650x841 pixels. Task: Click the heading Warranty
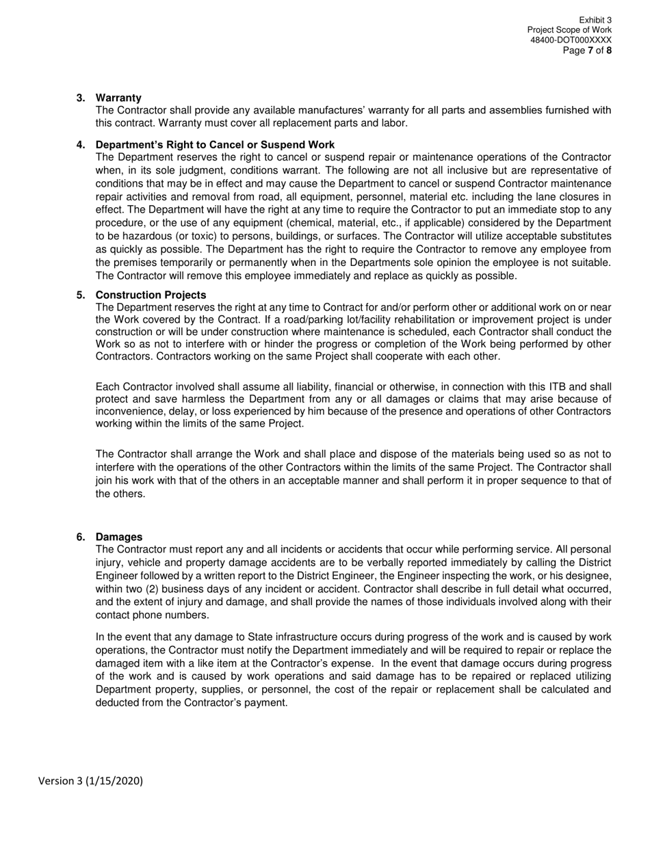[118, 98]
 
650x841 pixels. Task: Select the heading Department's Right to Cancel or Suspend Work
[215, 144]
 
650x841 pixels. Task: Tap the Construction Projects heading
[151, 295]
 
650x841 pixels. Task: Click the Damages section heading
[119, 537]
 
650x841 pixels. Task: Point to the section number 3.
[81, 98]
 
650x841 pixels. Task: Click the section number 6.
[81, 537]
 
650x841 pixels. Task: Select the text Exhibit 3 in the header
[595, 21]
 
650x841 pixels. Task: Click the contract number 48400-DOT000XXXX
[571, 40]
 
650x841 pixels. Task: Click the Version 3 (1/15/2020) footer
[90, 781]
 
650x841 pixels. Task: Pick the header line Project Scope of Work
[569, 30]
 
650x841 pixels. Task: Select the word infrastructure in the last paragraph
[317, 637]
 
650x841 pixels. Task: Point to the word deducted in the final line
[118, 702]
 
